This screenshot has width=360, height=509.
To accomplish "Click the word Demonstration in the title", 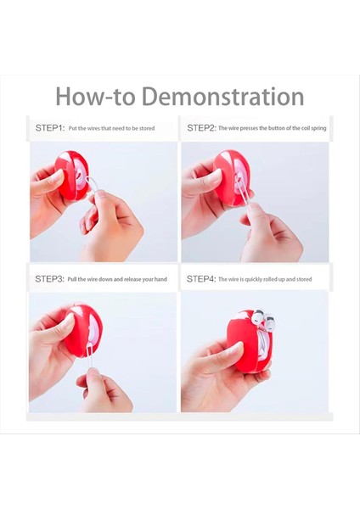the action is click(x=223, y=96).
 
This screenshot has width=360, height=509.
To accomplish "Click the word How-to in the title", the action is click(x=96, y=96).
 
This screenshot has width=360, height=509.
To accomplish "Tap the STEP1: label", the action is click(x=50, y=128).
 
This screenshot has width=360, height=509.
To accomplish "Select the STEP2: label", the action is click(x=201, y=128).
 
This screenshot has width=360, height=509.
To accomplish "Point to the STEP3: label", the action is click(x=49, y=279).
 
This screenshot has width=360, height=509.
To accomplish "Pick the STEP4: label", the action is click(x=201, y=279).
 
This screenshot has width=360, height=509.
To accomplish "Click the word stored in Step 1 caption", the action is click(x=147, y=128).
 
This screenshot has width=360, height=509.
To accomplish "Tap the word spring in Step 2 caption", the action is click(x=318, y=128).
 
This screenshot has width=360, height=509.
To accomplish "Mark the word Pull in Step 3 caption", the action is click(x=72, y=279).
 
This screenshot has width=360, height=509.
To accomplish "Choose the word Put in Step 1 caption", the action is click(x=72, y=128).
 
